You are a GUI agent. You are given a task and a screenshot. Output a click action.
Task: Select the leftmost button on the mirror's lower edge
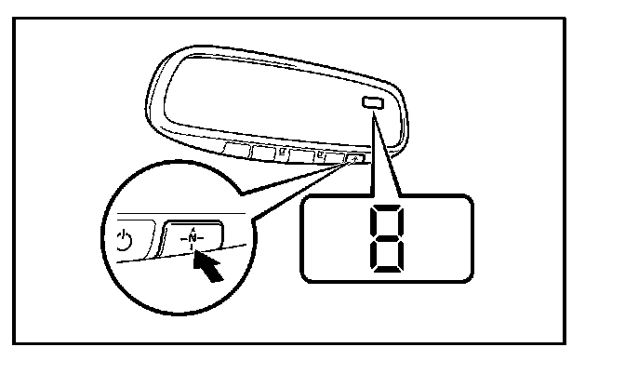[x=237, y=148]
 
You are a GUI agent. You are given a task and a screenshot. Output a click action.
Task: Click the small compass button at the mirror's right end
[x=354, y=160]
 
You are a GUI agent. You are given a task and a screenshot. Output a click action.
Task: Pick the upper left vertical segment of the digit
[x=369, y=223]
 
